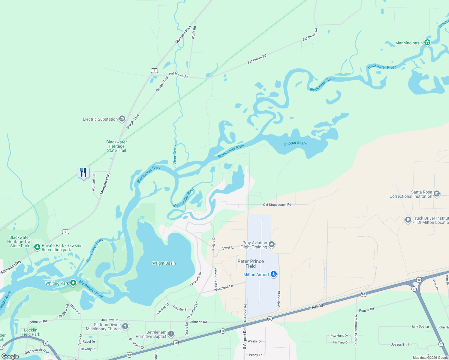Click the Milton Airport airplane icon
tap(273, 274)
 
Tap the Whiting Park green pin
tap(73, 283)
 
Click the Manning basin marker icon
tap(427, 43)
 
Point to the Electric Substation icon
tap(122, 119)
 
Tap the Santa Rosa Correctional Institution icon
tap(437, 194)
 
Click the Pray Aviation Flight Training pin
tap(272, 244)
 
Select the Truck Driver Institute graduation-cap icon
tap(408, 220)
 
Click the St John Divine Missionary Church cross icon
tap(125, 326)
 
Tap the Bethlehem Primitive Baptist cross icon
tap(171, 334)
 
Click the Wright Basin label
tap(164, 263)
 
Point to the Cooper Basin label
tap(295, 143)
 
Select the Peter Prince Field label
tap(251, 264)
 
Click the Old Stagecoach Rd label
tap(277, 205)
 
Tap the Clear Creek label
tap(175, 154)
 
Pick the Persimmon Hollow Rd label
tap(356, 330)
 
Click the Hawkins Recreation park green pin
tap(37, 247)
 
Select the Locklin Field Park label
tap(31, 332)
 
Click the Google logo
tap(10, 356)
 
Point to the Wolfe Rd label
tap(194, 32)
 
